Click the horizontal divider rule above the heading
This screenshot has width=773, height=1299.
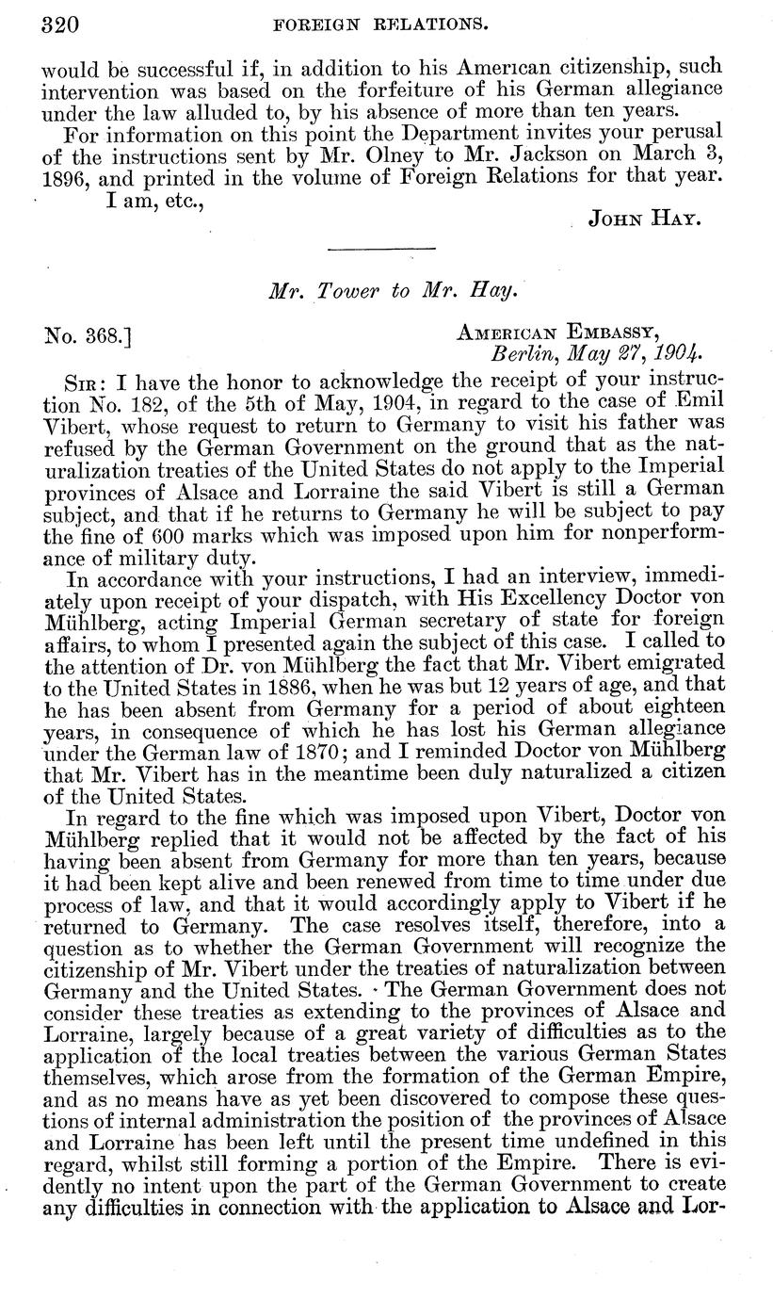point(380,249)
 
